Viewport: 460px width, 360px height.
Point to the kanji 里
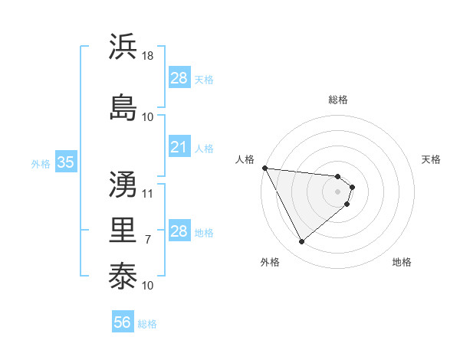pyautogui.click(x=123, y=231)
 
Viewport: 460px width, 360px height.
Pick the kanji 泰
pyautogui.click(x=123, y=277)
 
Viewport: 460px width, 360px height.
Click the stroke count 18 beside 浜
pyautogui.click(x=148, y=56)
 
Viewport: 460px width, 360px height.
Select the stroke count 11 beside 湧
pyautogui.click(x=148, y=194)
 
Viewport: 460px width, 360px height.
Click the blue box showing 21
pyautogui.click(x=179, y=147)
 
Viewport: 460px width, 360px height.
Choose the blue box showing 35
pyautogui.click(x=65, y=162)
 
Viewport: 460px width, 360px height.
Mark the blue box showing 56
pyautogui.click(x=123, y=322)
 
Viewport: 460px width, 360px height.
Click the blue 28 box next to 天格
pyautogui.click(x=179, y=78)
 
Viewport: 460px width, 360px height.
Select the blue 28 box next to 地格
pyautogui.click(x=179, y=231)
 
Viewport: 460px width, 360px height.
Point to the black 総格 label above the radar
pyautogui.click(x=338, y=100)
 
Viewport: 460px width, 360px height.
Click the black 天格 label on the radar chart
pyautogui.click(x=432, y=159)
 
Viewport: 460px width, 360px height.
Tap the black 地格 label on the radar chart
pyautogui.click(x=402, y=262)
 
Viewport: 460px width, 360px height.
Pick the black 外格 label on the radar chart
pyautogui.click(x=270, y=262)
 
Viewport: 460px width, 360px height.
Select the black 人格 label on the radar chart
pyautogui.click(x=245, y=159)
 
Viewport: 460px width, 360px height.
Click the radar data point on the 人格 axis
pyautogui.click(x=264, y=168)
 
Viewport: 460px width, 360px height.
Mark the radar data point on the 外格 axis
pyautogui.click(x=301, y=242)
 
